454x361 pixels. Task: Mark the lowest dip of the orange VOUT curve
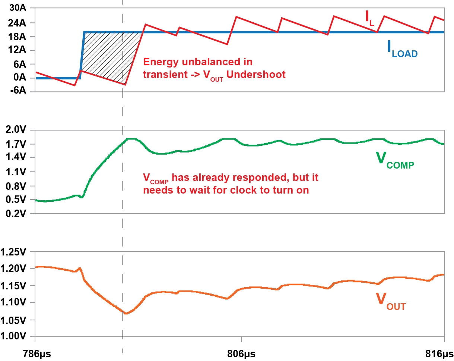(126, 313)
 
